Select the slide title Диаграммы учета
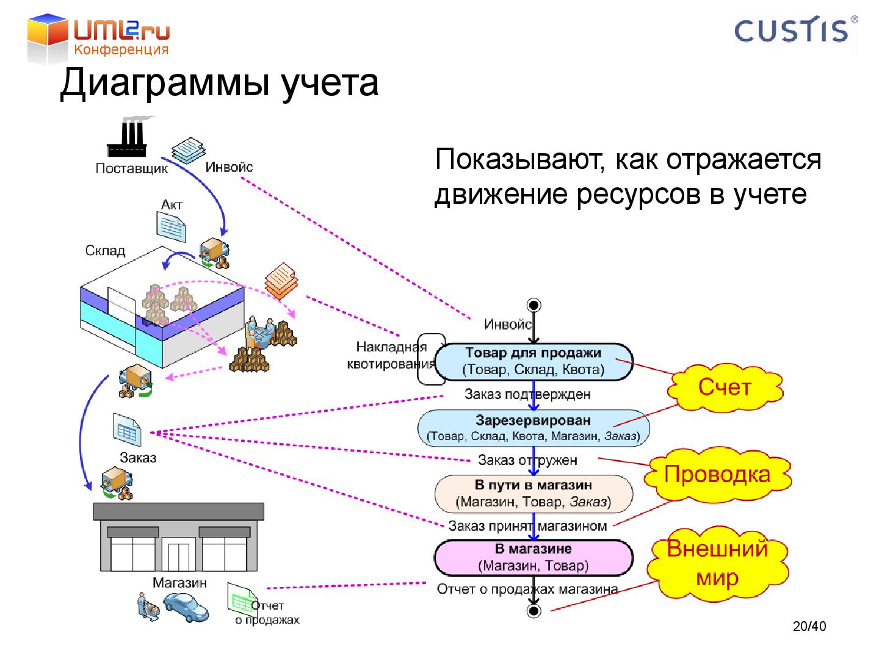point(219,84)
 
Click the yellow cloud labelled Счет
point(724,387)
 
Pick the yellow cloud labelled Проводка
point(717,474)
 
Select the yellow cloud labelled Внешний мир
point(717,563)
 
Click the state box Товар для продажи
point(534,361)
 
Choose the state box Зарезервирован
point(534,428)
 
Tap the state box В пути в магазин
point(534,494)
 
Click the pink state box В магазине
point(534,558)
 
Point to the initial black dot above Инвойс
point(534,305)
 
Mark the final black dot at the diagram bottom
point(534,610)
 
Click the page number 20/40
point(809,627)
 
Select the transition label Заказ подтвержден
point(527,394)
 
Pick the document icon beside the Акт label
point(172,227)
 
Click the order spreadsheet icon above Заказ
point(127,429)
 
